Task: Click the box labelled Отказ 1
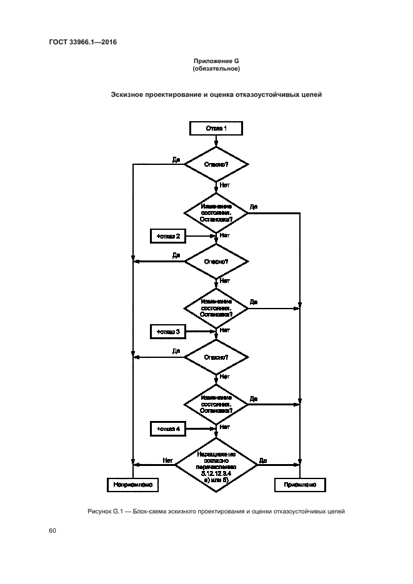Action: pos(216,128)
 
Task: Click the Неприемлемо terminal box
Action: pos(133,484)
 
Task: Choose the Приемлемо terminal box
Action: pos(300,484)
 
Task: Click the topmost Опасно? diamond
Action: pos(216,165)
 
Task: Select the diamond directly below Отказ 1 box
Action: pos(216,165)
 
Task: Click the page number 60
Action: pos(52,531)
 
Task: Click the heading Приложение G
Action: pos(216,61)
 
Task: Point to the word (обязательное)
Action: pos(216,68)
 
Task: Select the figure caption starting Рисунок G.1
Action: pos(216,512)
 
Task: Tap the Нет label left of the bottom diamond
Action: pos(167,460)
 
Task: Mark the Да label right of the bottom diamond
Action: pos(263,460)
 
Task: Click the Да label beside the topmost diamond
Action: pos(177,160)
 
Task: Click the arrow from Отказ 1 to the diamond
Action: pos(216,141)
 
